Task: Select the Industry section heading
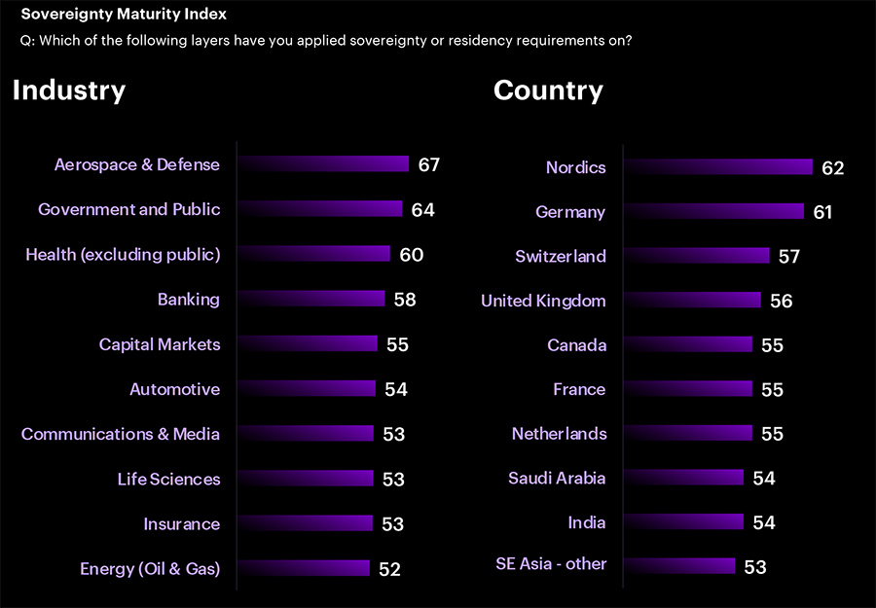[x=69, y=90]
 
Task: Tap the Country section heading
[x=548, y=90]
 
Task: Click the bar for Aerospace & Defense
[x=323, y=164]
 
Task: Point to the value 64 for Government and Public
[x=422, y=209]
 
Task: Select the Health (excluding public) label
[x=123, y=255]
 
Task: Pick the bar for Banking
[x=311, y=300]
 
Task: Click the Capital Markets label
[x=160, y=344]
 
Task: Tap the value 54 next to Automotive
[x=395, y=389]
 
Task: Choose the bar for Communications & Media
[x=306, y=434]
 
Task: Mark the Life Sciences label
[x=168, y=479]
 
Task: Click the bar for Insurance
[x=306, y=523]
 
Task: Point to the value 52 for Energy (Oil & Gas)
[x=389, y=569]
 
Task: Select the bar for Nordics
[x=718, y=167]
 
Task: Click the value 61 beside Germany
[x=822, y=212]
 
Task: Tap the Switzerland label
[x=561, y=257]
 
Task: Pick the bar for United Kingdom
[x=693, y=301]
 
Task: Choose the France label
[x=579, y=389]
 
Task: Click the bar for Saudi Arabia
[x=684, y=478]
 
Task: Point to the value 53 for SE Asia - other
[x=754, y=567]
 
